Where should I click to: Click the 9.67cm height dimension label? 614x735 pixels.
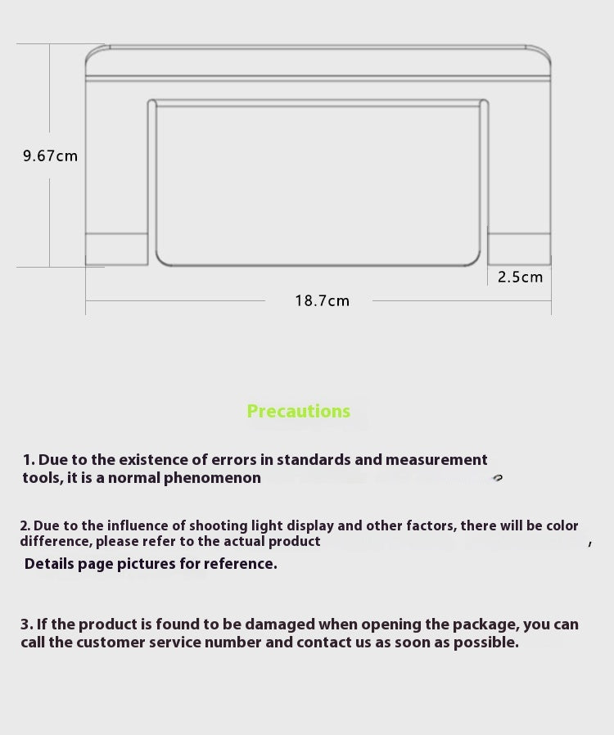pyautogui.click(x=50, y=156)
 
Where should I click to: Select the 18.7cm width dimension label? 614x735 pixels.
pyautogui.click(x=322, y=301)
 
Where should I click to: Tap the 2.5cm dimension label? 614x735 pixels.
pyautogui.click(x=520, y=277)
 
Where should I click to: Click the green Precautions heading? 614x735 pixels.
pyautogui.click(x=298, y=412)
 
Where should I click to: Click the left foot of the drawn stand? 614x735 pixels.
pyautogui.click(x=116, y=249)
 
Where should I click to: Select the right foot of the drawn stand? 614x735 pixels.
pyautogui.click(x=520, y=249)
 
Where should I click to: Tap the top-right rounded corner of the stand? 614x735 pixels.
pyautogui.click(x=542, y=54)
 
